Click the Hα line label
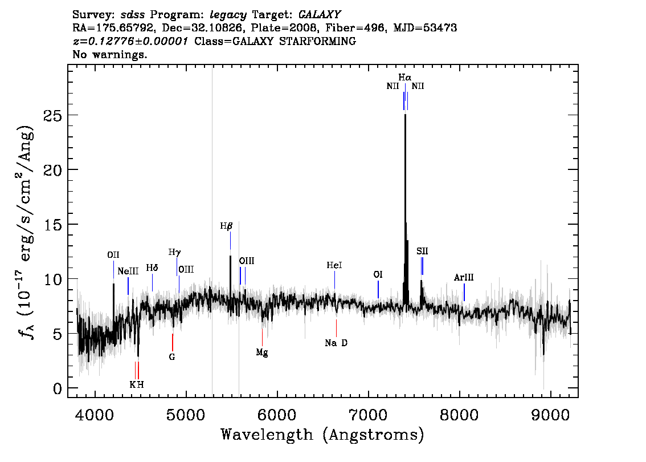[404, 77]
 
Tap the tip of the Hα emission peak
[406, 114]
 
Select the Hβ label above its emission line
[226, 226]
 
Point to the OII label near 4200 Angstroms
[113, 255]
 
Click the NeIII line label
[128, 271]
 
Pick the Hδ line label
[152, 268]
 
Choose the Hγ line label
[175, 253]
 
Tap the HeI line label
[334, 265]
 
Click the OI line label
[378, 275]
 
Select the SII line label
[422, 251]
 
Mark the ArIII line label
[464, 278]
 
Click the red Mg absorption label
[262, 352]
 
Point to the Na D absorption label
[336, 343]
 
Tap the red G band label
[172, 357]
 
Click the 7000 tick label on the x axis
[368, 415]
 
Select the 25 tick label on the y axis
[53, 115]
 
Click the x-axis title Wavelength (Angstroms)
[322, 435]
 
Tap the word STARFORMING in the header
[317, 41]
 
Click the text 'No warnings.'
[109, 54]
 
